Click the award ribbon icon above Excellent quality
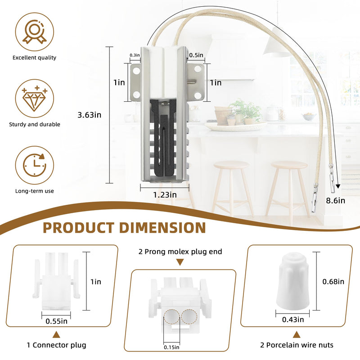[35, 31]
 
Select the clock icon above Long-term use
[35, 165]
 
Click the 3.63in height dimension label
[89, 115]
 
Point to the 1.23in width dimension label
[165, 195]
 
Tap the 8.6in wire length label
[335, 200]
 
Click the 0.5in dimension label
[196, 55]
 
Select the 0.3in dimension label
[135, 55]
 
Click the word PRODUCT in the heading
[78, 228]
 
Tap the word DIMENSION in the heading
[162, 228]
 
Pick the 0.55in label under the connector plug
[57, 321]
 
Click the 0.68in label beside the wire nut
[333, 282]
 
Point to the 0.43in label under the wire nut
[293, 319]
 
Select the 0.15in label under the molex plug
[171, 347]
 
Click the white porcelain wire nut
[292, 281]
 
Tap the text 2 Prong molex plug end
[180, 252]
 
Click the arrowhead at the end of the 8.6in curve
[338, 186]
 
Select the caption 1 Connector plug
[57, 345]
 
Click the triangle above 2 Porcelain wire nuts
[297, 334]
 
